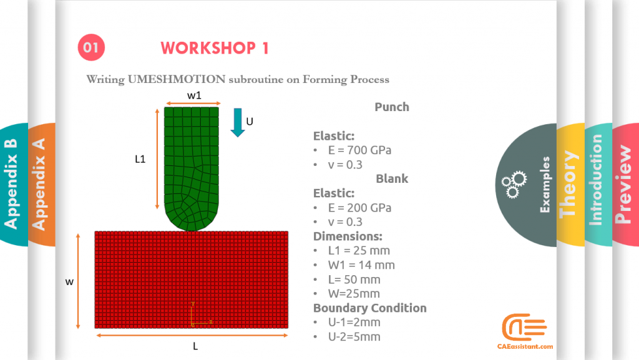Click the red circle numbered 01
coord(91,47)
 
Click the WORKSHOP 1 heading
coord(215,48)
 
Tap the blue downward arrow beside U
coord(237,122)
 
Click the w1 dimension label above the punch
coord(194,95)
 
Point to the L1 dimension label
coord(140,159)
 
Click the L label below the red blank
coord(195,346)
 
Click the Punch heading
coord(392,107)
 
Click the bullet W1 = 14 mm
coord(361,265)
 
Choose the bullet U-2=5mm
coord(354,337)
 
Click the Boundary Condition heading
coord(369,308)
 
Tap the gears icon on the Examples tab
coord(514,184)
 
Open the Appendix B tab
coord(12,184)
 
